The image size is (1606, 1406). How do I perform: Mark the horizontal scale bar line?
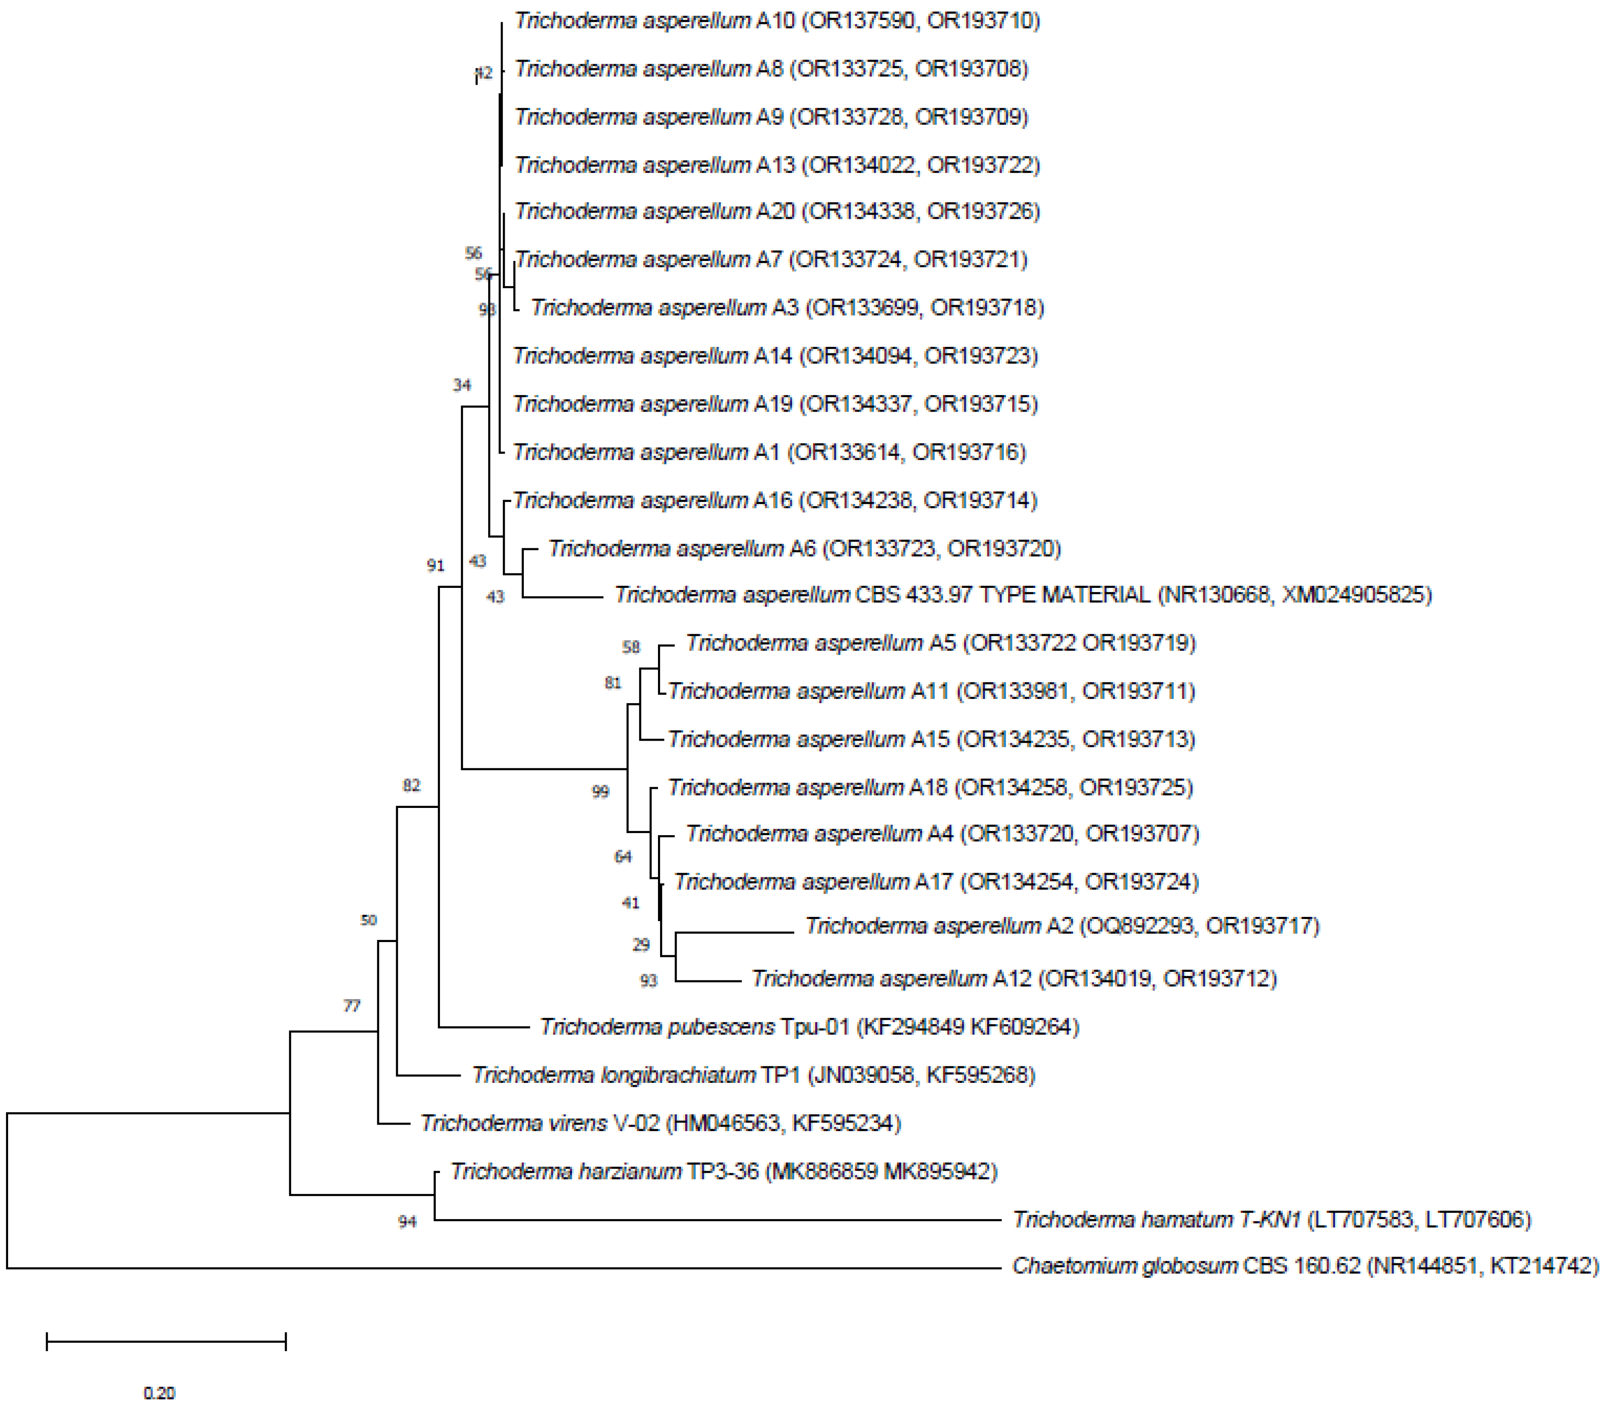pyautogui.click(x=167, y=1341)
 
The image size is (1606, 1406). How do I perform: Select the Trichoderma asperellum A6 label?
pyautogui.click(x=804, y=548)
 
